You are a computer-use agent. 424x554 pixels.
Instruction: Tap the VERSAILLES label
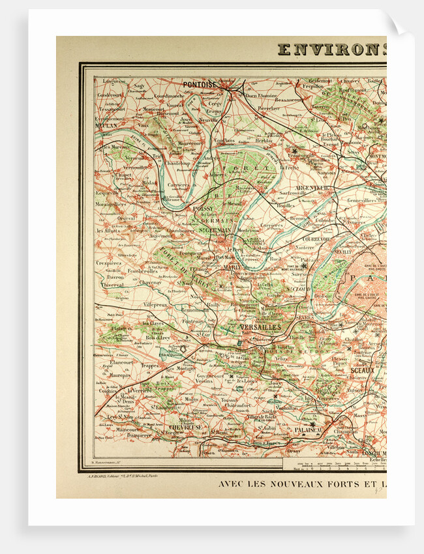click(260, 327)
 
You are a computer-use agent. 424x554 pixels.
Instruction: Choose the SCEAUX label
click(363, 370)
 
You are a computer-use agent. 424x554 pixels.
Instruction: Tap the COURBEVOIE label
click(316, 239)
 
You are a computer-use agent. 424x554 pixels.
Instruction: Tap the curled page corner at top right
click(399, 25)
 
